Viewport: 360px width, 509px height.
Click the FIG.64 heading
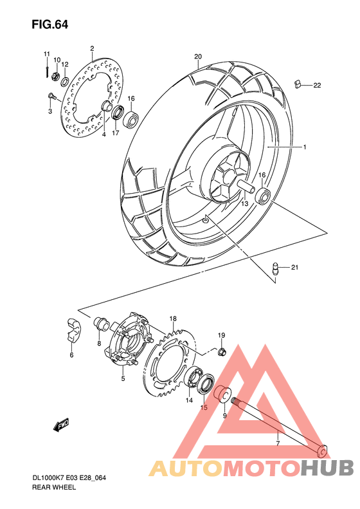(50, 25)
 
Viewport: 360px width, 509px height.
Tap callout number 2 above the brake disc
(92, 49)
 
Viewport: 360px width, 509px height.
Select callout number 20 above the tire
(198, 57)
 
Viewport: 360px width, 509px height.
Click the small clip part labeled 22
(298, 84)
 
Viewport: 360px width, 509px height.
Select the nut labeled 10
(57, 78)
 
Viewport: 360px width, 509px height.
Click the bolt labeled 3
(53, 97)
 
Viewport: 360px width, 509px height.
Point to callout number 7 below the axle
(277, 443)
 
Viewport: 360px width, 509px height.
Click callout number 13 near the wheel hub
(245, 203)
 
